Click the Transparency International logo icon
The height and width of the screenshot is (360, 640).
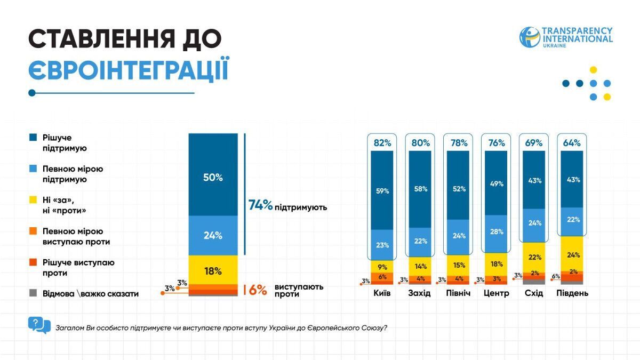530,37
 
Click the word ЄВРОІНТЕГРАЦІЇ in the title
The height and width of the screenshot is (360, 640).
129,70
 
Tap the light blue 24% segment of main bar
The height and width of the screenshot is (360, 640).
213,235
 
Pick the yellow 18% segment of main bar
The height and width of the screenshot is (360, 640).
213,270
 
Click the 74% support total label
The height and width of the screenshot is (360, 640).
261,205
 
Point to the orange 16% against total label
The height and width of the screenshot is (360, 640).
255,290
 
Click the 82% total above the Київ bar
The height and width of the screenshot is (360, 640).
382,143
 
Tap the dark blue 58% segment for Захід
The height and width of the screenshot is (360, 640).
420,189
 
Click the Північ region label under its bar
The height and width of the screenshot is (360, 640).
458,293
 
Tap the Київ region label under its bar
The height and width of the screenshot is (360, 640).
382,293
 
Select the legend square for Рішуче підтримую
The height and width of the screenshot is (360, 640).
33,138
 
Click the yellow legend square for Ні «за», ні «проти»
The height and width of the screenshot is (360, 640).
33,200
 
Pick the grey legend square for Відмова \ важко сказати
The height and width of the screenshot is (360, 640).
33,293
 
